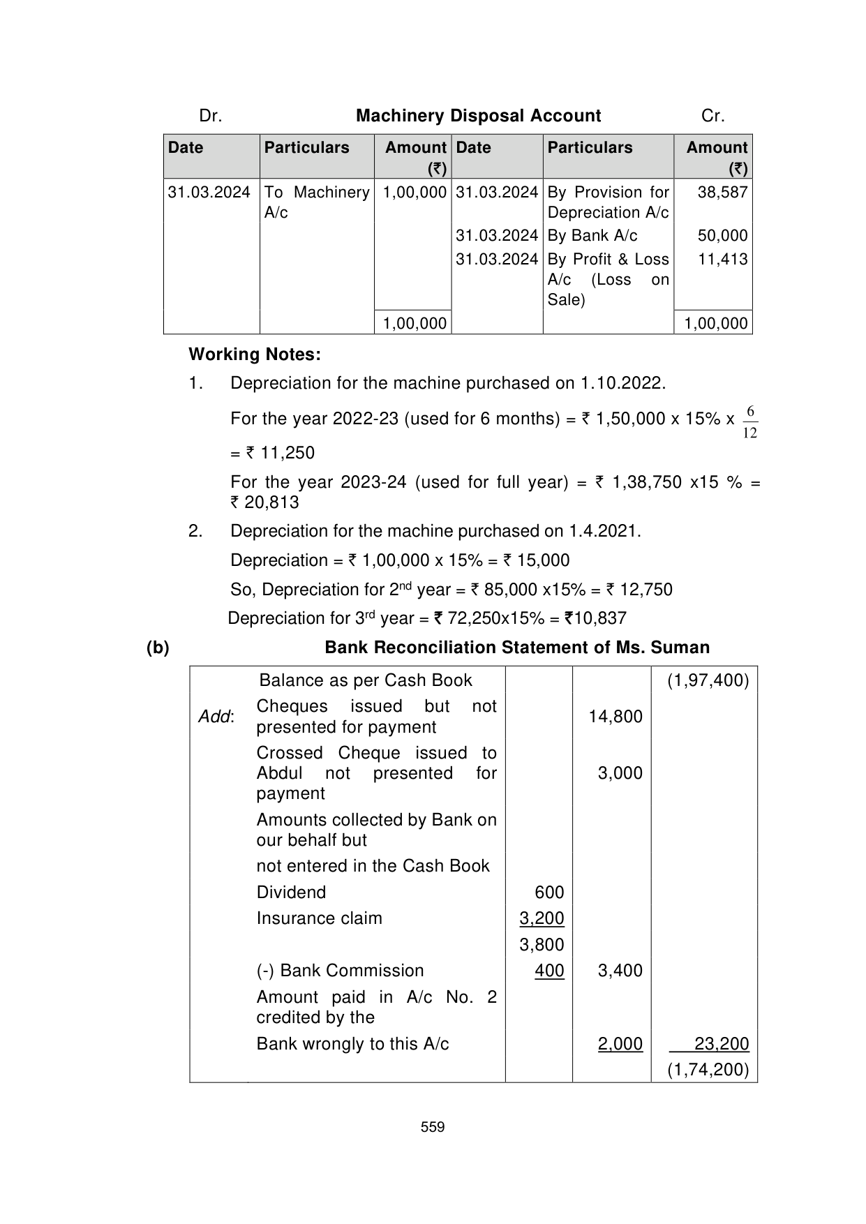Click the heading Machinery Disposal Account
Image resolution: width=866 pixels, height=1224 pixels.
(478, 116)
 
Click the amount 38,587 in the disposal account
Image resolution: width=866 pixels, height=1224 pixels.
(722, 193)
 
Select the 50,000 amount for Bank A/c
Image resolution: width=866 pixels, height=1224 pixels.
(722, 236)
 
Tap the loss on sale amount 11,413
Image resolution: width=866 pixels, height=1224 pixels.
(722, 260)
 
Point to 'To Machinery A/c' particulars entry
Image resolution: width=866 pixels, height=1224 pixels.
(316, 202)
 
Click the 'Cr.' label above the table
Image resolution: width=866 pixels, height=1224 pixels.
(712, 116)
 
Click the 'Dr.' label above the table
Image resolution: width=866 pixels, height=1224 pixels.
(211, 116)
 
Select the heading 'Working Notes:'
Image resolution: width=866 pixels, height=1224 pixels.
(255, 354)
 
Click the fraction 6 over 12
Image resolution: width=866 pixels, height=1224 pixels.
(749, 423)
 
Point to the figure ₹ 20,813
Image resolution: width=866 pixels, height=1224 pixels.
(264, 502)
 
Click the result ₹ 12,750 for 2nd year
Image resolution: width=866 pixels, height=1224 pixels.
(639, 590)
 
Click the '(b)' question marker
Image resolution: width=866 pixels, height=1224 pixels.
(158, 648)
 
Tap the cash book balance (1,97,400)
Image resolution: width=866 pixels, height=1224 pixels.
(708, 680)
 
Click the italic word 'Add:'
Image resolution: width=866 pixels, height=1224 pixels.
(216, 717)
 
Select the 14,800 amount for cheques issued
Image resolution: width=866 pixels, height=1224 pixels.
(615, 717)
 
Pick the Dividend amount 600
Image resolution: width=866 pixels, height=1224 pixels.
(548, 893)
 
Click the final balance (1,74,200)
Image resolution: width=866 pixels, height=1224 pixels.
(708, 1070)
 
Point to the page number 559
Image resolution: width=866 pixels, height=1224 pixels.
(433, 1127)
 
